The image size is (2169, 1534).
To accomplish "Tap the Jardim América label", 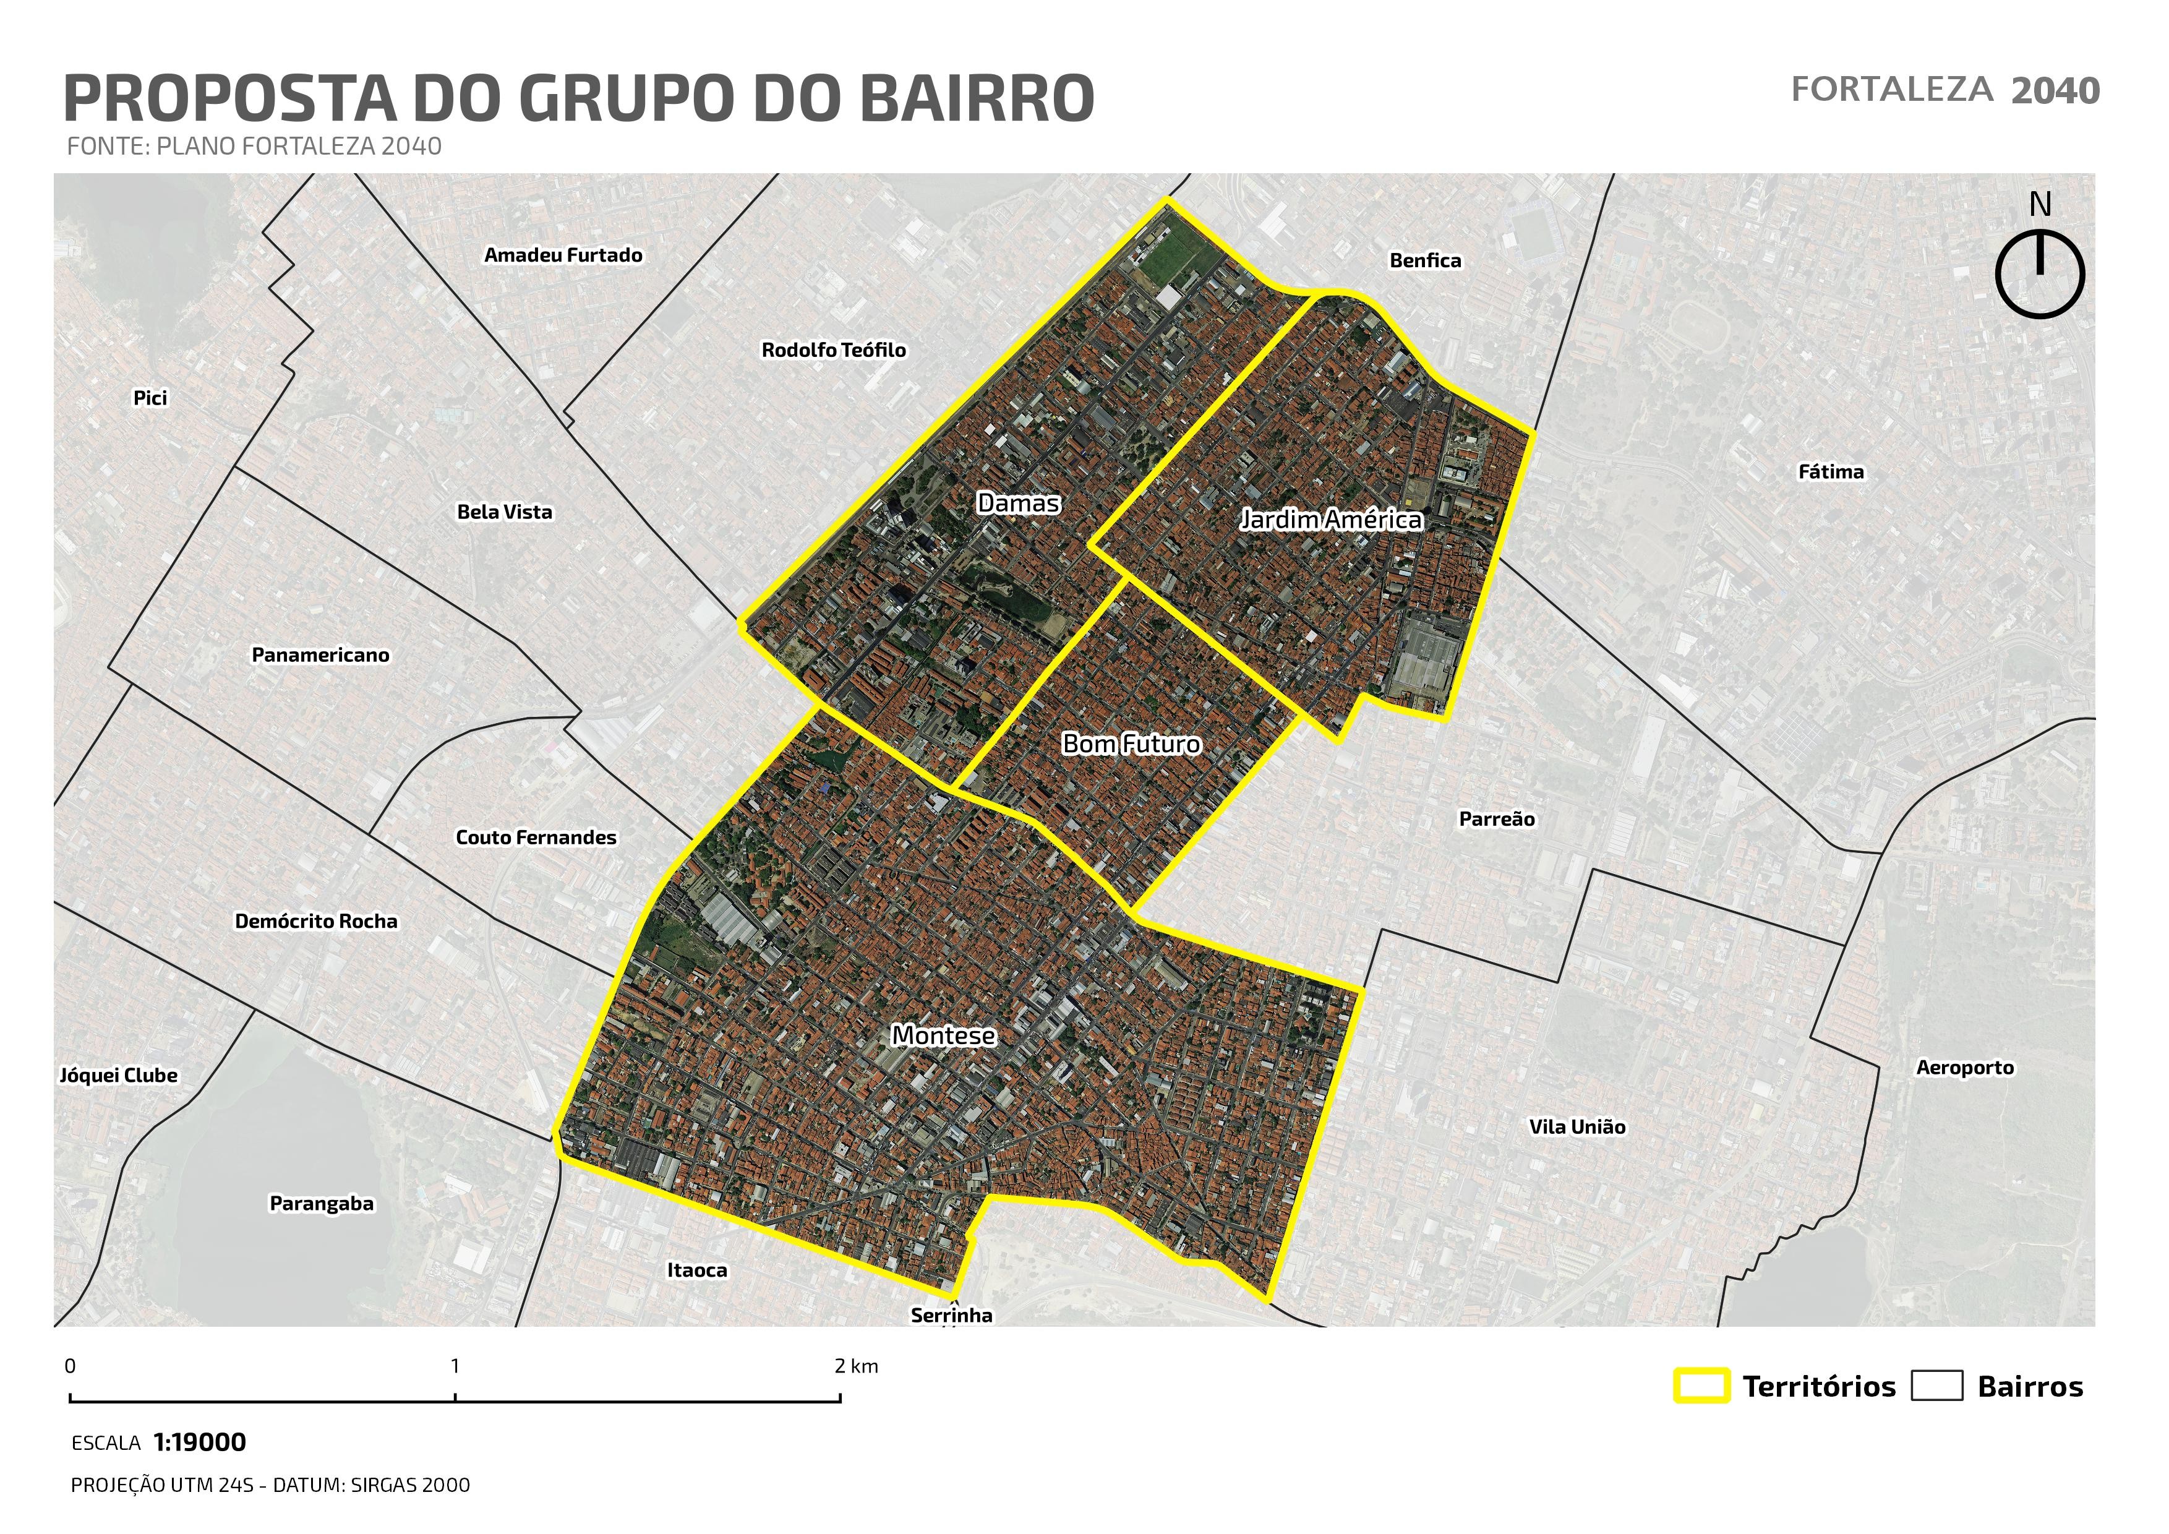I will click(x=1330, y=520).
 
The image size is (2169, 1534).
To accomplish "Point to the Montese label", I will click(x=943, y=1035).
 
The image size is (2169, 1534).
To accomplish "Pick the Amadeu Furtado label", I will click(x=563, y=255).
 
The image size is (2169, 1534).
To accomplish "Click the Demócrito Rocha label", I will click(x=315, y=921).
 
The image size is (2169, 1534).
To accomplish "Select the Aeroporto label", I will click(x=1964, y=1068).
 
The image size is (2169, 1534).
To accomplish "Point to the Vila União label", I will click(x=1576, y=1127).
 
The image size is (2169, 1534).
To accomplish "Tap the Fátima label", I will click(x=1830, y=471).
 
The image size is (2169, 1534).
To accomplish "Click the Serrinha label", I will click(x=951, y=1315).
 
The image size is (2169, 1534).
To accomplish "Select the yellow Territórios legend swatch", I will click(x=1701, y=1386).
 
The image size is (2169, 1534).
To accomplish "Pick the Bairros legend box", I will click(x=1936, y=1386).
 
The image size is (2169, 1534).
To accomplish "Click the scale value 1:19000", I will click(x=199, y=1442).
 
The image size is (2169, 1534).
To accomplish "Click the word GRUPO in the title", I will click(x=631, y=98).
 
